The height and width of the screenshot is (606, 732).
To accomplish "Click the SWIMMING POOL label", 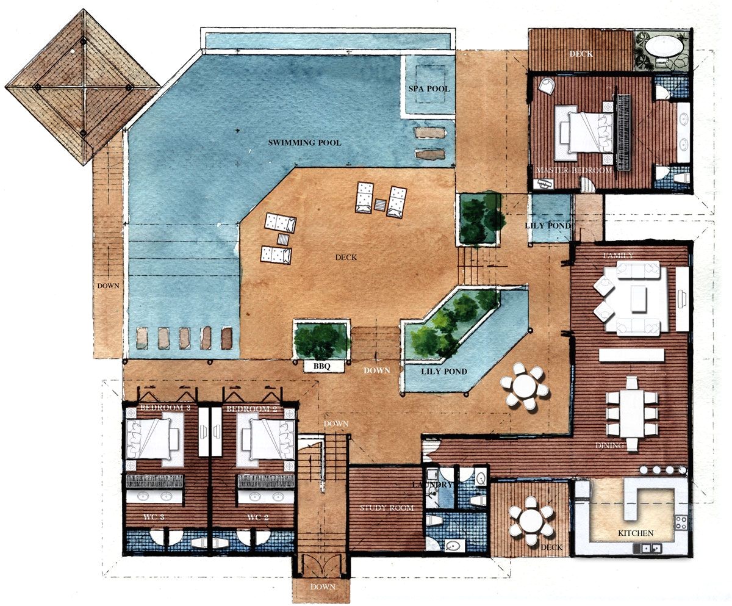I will pyautogui.click(x=304, y=142).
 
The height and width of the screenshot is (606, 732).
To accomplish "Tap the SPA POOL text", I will pyautogui.click(x=429, y=89).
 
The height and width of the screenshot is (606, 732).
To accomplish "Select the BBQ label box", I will pyautogui.click(x=321, y=366).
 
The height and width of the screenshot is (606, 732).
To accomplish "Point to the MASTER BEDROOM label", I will pyautogui.click(x=573, y=170).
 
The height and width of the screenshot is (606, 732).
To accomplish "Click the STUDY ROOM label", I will pyautogui.click(x=386, y=508).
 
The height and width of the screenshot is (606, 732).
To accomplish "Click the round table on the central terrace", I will pyautogui.click(x=525, y=386).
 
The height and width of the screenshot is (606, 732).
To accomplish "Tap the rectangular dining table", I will pyautogui.click(x=632, y=413).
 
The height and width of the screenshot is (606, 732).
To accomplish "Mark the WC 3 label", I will pyautogui.click(x=154, y=518).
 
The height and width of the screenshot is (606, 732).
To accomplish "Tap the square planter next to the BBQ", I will pyautogui.click(x=321, y=339).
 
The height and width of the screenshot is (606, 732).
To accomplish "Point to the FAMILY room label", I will pyautogui.click(x=618, y=255).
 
